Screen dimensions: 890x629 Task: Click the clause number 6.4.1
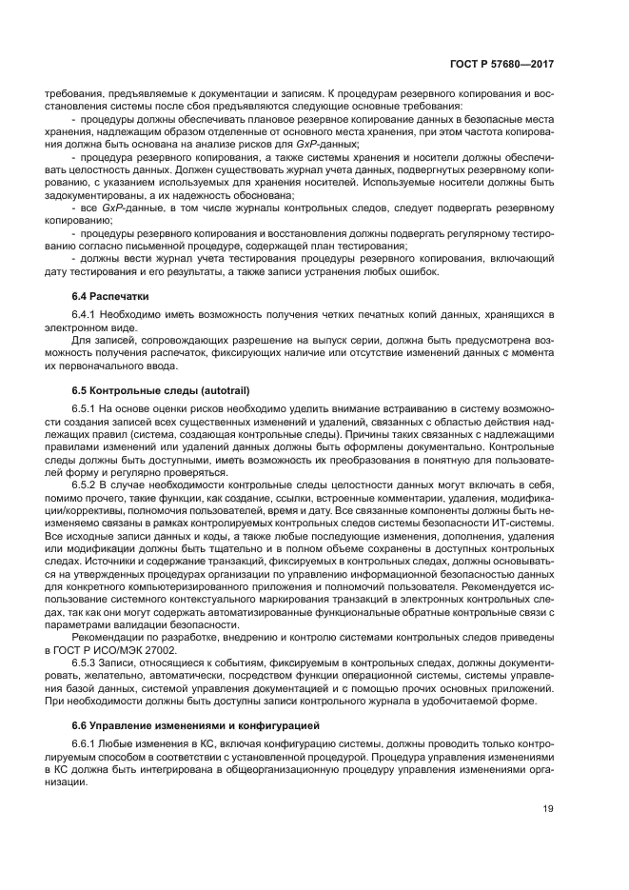[x=87, y=315]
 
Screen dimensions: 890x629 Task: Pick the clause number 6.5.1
[x=87, y=408]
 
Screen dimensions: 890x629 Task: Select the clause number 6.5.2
[x=87, y=485]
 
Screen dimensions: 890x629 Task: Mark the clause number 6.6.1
[x=87, y=744]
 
